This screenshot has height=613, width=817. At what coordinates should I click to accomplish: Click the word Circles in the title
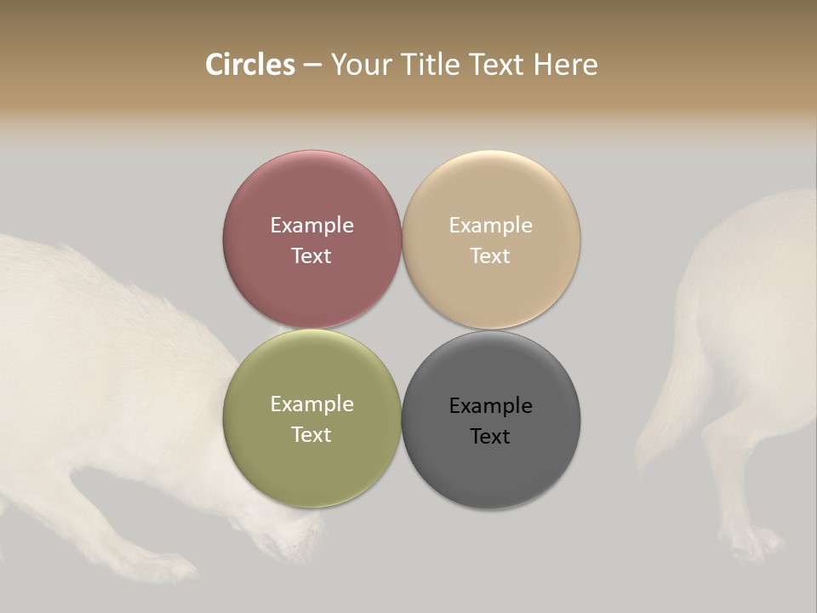coord(249,65)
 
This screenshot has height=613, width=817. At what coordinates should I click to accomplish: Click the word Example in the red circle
coord(311,226)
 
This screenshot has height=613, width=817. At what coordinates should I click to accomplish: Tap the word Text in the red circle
coord(311,256)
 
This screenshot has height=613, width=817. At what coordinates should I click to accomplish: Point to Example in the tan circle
coord(490,226)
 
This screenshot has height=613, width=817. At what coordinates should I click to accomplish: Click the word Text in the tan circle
coord(490,256)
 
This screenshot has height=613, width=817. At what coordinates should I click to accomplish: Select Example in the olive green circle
coord(311,404)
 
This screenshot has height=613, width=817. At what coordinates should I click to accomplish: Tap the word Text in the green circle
coord(311,435)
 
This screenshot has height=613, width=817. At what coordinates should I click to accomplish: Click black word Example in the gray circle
coord(490,406)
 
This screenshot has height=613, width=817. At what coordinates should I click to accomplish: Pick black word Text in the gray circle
coord(490,437)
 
